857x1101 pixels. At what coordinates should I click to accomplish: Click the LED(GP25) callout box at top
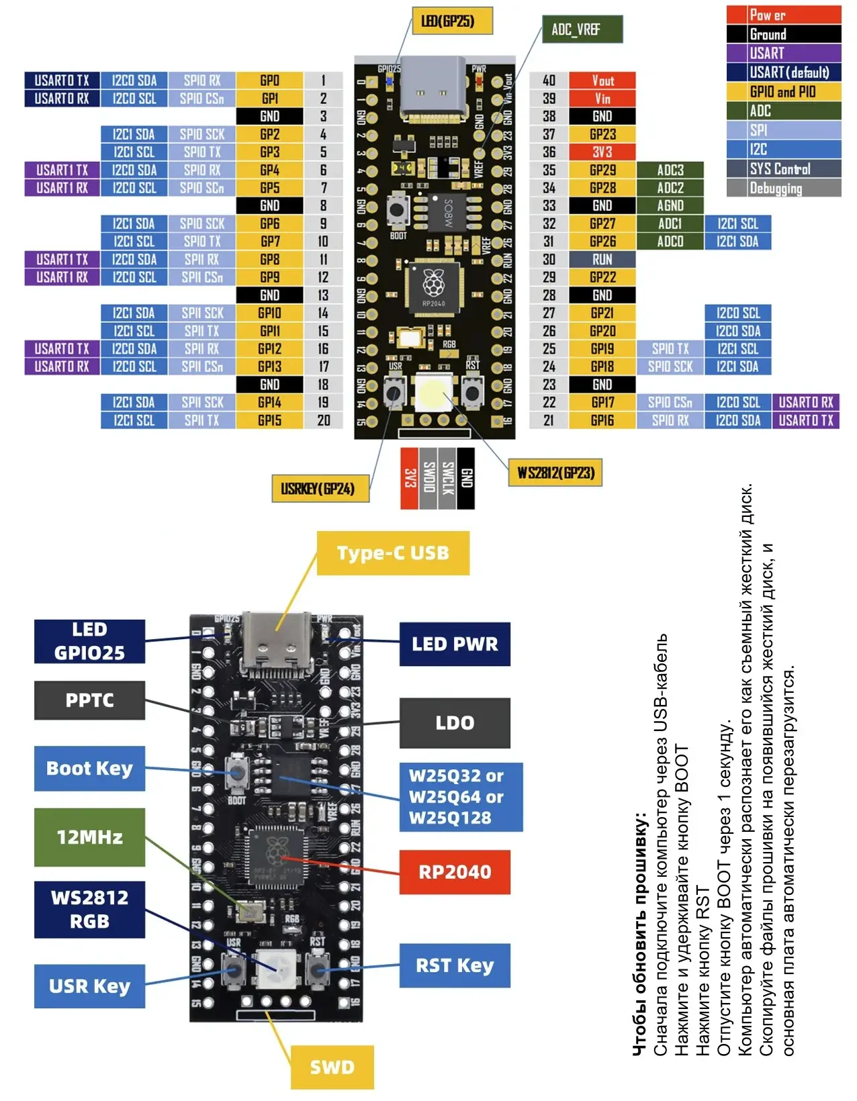[452, 21]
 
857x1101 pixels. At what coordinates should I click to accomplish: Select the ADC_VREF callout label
[582, 30]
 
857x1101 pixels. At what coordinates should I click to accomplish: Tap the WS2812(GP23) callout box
[555, 473]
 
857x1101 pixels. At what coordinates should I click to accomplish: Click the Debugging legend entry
[783, 189]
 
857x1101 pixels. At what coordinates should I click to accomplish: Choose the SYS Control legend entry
[783, 169]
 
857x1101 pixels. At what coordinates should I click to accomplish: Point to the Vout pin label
[602, 81]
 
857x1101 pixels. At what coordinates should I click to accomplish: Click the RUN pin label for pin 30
[602, 259]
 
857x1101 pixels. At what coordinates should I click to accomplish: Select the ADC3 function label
[670, 170]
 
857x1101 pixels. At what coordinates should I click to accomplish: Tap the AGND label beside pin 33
[670, 205]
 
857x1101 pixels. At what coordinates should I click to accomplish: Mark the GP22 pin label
[602, 277]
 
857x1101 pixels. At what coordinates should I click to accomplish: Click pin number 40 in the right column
[549, 81]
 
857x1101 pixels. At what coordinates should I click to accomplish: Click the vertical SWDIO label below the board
[428, 478]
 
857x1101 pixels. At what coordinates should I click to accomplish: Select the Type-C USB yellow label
[393, 553]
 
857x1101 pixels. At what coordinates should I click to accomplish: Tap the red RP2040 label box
[455, 872]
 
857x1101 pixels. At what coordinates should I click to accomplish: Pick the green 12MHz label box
[89, 837]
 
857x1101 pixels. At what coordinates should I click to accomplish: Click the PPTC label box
[89, 700]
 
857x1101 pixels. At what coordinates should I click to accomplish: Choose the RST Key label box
[455, 965]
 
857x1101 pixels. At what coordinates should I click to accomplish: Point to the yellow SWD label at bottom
[332, 1067]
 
